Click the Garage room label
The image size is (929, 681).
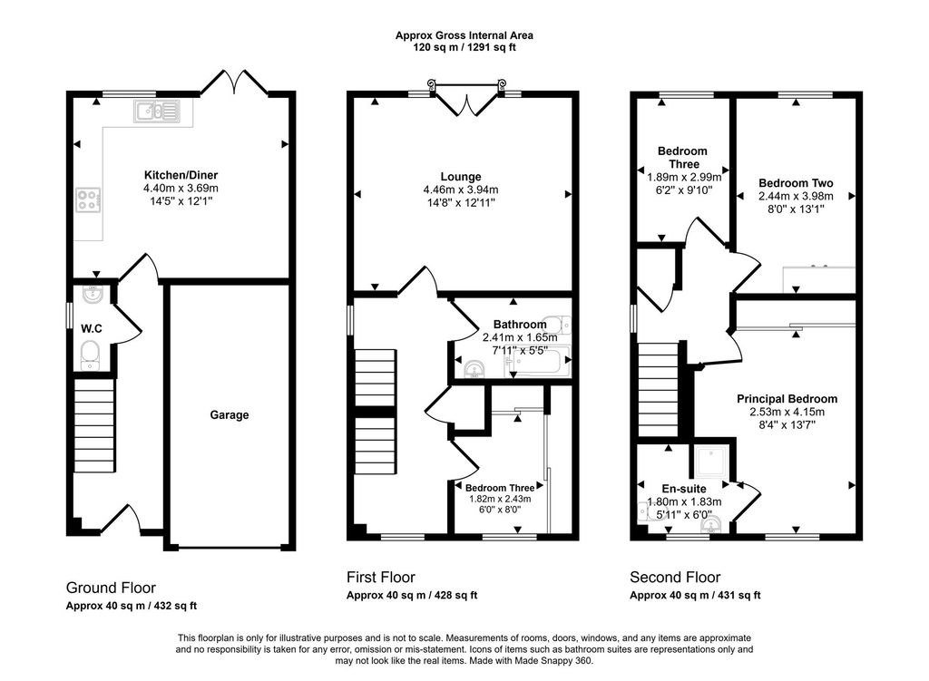click(x=230, y=415)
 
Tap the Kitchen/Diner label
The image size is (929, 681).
click(x=181, y=175)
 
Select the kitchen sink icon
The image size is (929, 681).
click(x=156, y=111)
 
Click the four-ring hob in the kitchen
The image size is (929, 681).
click(x=88, y=199)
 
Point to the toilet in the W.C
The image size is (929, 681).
click(x=91, y=355)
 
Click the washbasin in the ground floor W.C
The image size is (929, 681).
click(x=93, y=294)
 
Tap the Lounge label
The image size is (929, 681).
click(x=460, y=177)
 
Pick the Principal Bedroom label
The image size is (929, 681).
click(x=787, y=399)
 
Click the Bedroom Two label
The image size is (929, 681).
click(x=796, y=183)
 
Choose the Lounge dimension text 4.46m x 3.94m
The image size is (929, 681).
click(x=460, y=190)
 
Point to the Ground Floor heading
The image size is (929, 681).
click(x=111, y=588)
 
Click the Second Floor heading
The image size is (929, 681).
click(x=675, y=578)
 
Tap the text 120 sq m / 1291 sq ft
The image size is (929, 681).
click(x=464, y=47)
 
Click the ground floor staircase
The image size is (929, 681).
click(x=93, y=425)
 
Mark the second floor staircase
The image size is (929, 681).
click(x=659, y=390)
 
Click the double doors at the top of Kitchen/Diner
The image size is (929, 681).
click(x=235, y=83)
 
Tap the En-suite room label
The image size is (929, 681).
click(x=684, y=489)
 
